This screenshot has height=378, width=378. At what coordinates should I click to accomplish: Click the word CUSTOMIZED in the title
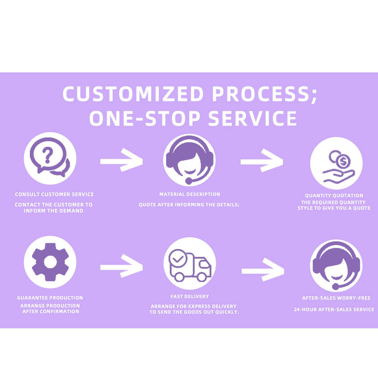133,94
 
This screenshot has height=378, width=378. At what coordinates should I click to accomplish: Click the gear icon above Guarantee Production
50,262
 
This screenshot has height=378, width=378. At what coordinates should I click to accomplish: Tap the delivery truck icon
190,263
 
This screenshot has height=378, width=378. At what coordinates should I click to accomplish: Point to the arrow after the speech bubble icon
121,160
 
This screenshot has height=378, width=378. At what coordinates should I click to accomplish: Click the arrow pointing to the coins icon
261,160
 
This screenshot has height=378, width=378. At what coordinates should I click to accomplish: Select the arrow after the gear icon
121,267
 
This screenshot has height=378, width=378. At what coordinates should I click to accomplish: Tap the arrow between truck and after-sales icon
263,270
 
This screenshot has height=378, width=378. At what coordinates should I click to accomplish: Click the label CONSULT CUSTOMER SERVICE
54,195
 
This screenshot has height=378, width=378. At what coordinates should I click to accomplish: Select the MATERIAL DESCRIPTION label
189,194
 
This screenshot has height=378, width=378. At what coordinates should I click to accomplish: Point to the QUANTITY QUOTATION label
334,195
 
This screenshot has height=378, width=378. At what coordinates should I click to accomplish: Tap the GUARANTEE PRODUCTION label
50,298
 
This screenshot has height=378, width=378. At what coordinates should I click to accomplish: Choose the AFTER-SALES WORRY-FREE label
336,298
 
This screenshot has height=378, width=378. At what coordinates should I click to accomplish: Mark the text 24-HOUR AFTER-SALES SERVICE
334,309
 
